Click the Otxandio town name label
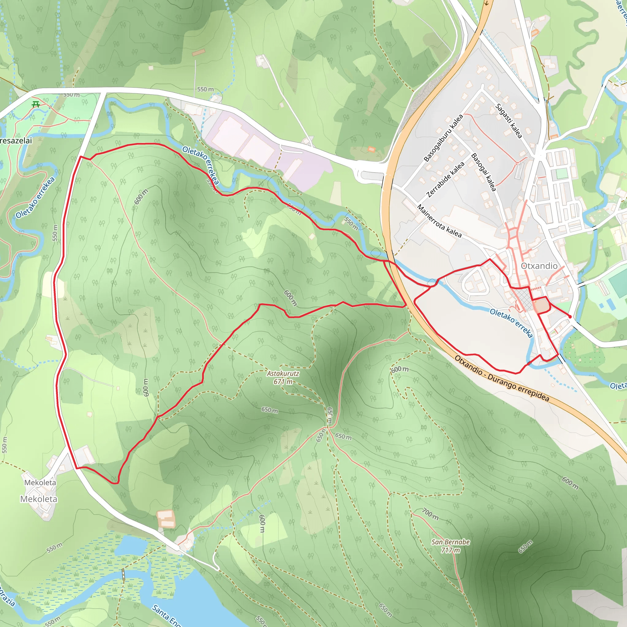539,266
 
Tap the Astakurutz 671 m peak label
283,377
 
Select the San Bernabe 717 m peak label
450,546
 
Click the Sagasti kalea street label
509,121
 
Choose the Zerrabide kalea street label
445,179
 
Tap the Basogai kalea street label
483,172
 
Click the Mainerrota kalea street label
439,221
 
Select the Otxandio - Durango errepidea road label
501,378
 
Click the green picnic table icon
36,104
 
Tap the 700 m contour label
430,514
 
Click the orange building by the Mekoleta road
166,519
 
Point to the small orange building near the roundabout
371,149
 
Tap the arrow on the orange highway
486,3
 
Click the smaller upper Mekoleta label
40,482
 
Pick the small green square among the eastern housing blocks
561,174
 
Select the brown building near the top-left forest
199,53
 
